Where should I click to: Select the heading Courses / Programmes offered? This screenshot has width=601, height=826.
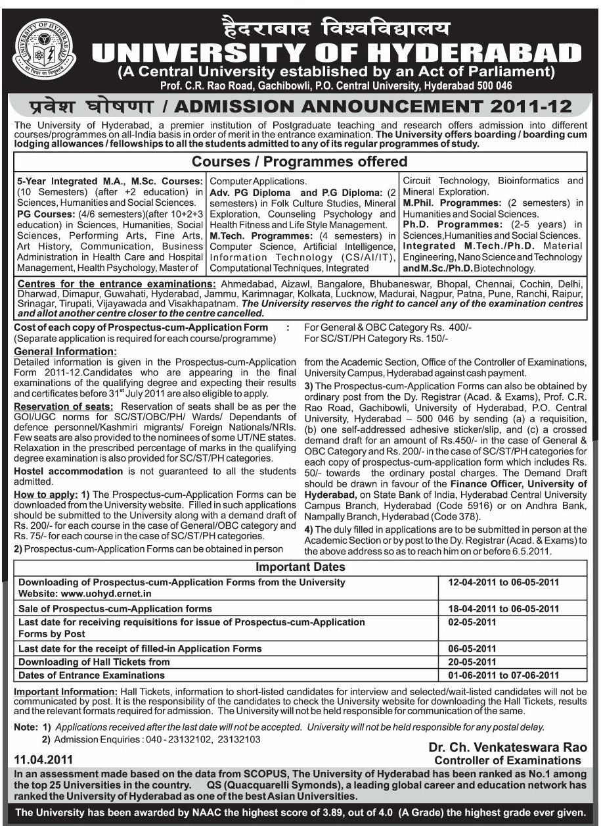[x=300, y=162]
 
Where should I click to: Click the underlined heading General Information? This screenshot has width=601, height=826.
[x=65, y=352]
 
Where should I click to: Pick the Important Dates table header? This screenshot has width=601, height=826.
[x=300, y=567]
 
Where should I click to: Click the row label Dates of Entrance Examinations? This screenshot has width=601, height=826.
[x=91, y=675]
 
